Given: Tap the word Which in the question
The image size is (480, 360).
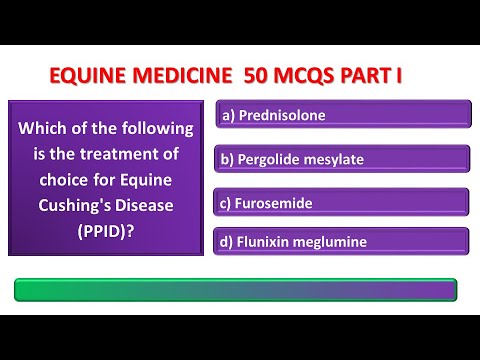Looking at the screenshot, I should coord(41,129).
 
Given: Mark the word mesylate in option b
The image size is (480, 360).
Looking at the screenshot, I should coord(332,159).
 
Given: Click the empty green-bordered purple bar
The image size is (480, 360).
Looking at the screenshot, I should coord(236,290).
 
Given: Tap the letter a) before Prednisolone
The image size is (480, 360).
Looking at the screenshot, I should coord(227,115).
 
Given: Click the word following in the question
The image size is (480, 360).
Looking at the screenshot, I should coord(147,129).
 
